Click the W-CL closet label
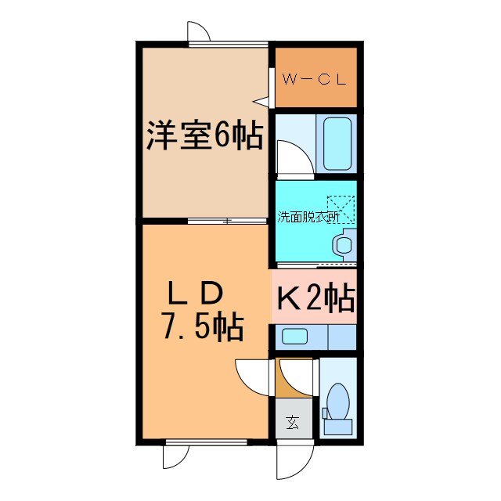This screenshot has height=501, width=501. pyautogui.click(x=313, y=79)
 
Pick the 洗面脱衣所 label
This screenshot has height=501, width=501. pyautogui.click(x=308, y=218)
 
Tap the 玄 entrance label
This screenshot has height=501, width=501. pyautogui.click(x=292, y=424)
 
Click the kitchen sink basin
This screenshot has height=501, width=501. pyautogui.click(x=295, y=337)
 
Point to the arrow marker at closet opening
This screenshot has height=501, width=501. pyautogui.click(x=259, y=100)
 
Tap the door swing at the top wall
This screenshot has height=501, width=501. pyautogui.click(x=199, y=31)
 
